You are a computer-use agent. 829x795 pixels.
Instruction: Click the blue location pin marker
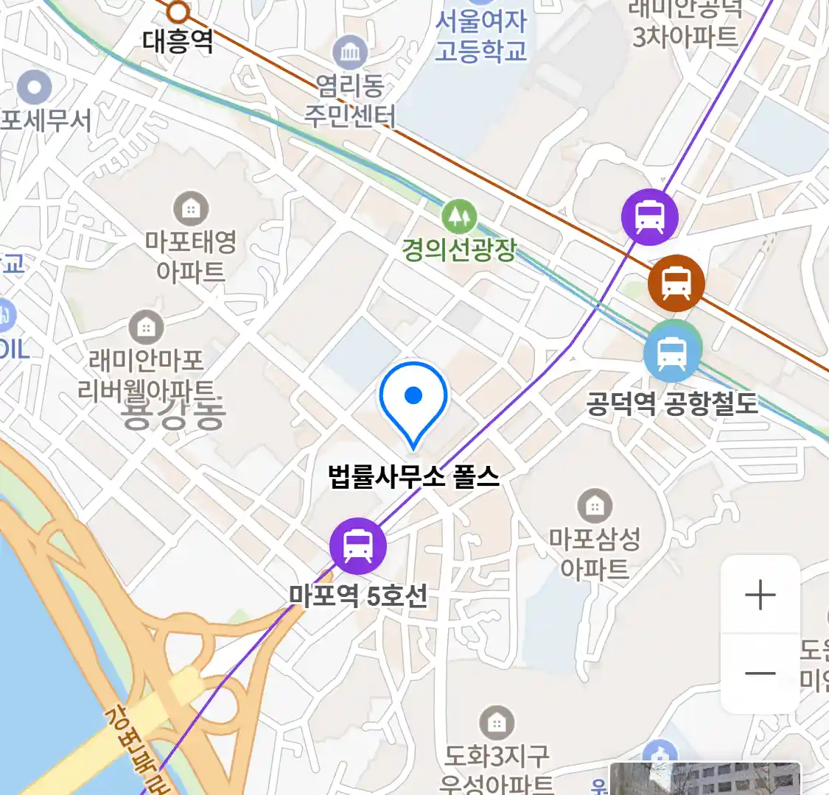(413, 401)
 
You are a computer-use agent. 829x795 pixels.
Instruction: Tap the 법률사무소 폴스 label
(413, 476)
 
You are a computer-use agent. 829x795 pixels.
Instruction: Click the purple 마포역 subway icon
(357, 546)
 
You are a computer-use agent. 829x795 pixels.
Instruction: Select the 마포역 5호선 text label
(358, 595)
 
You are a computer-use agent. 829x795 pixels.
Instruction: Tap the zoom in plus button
(760, 595)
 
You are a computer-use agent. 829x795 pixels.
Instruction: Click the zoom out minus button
(760, 673)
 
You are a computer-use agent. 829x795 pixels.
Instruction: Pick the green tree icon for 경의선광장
(459, 216)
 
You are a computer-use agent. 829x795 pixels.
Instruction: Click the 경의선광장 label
(459, 250)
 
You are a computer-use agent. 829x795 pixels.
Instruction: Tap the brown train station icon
(676, 283)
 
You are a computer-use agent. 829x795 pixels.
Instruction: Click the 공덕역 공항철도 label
(672, 403)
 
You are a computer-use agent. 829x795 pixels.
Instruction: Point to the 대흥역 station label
(178, 41)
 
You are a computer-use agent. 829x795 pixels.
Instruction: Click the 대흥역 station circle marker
(178, 12)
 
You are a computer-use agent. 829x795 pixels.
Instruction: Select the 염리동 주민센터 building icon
(350, 52)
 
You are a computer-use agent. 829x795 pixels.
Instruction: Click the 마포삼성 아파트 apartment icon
(595, 506)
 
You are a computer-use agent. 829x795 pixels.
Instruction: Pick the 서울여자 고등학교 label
(481, 36)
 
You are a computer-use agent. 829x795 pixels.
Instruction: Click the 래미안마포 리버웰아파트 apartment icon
(147, 327)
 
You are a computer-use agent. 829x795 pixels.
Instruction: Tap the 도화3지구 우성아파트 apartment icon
(497, 724)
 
